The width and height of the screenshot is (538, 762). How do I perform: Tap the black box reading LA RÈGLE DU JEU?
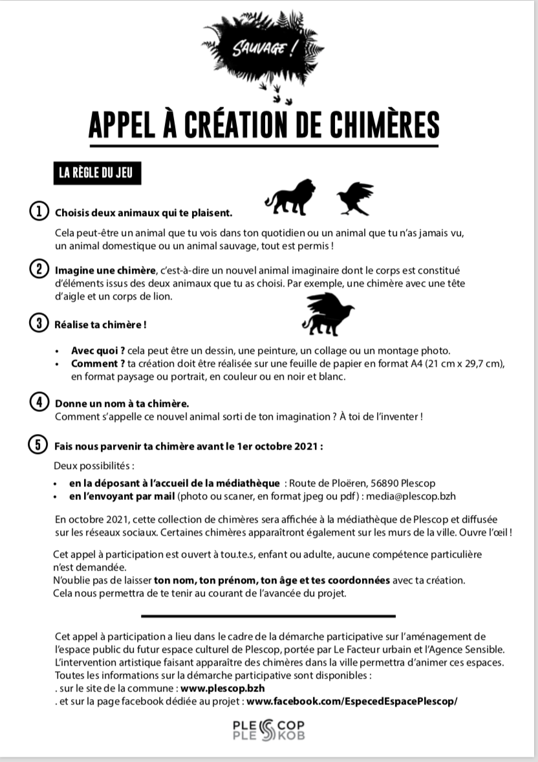(95, 173)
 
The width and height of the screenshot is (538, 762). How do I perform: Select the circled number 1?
(39, 212)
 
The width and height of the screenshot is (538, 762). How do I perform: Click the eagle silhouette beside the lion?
(355, 197)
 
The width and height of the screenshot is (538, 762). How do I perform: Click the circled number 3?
(39, 323)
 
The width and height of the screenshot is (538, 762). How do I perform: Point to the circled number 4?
(39, 402)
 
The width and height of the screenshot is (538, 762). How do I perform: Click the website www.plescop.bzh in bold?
(222, 688)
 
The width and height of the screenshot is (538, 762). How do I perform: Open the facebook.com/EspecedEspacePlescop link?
(352, 701)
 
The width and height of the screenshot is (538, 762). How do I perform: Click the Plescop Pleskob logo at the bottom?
(268, 730)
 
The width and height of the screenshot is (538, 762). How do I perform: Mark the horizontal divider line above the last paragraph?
(268, 616)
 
